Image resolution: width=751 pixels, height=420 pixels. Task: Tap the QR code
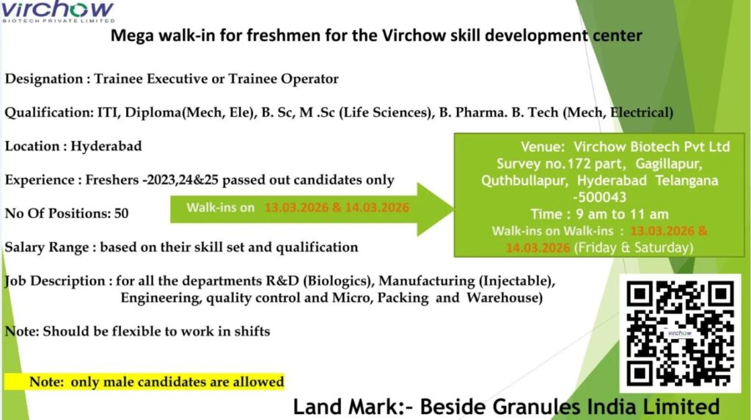click(680, 333)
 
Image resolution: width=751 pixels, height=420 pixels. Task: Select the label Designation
click(43, 79)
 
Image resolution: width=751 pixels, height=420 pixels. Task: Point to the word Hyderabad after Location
click(106, 146)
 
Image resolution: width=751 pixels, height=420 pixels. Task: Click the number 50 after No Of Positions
click(121, 214)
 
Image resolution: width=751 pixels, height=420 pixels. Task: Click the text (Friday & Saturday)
click(633, 247)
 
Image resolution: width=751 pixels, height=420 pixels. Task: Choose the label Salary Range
click(47, 247)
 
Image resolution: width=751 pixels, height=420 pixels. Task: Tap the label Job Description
click(55, 281)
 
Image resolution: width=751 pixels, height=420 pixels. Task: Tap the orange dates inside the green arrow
click(337, 207)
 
